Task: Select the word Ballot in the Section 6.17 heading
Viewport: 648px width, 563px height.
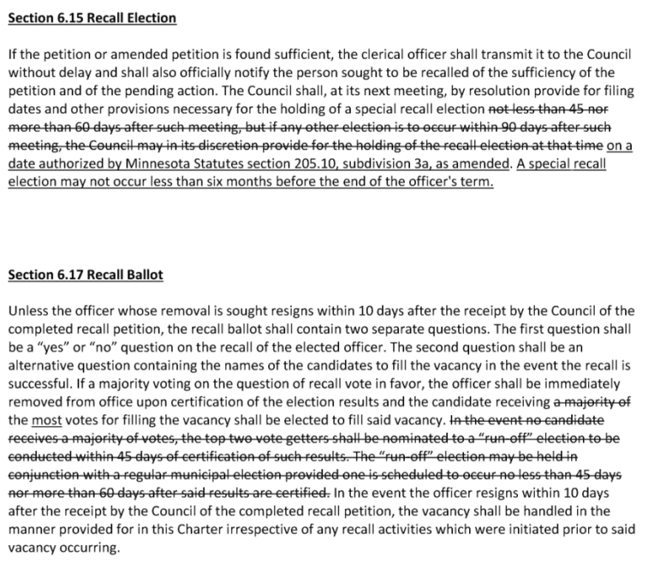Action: point(141,274)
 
